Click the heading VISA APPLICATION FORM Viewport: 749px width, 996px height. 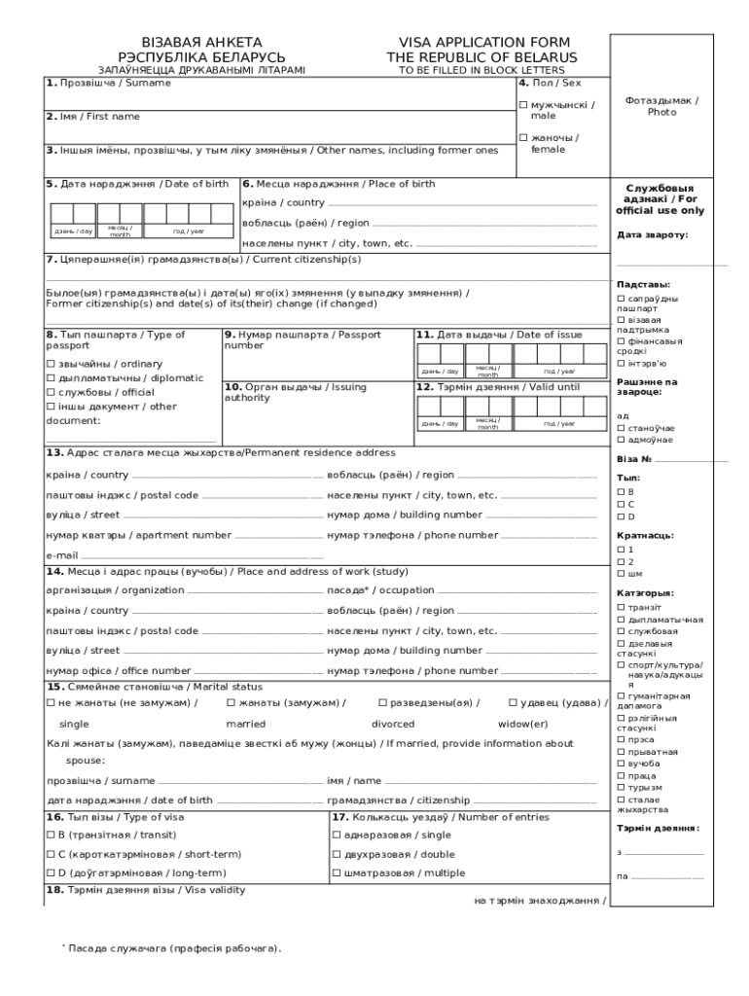pyautogui.click(x=482, y=43)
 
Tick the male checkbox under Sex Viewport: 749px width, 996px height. pyautogui.click(x=523, y=105)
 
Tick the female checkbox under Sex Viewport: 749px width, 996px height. pyautogui.click(x=523, y=138)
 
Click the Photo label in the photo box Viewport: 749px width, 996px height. pyautogui.click(x=661, y=112)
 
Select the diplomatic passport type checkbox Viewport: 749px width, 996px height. pyautogui.click(x=51, y=378)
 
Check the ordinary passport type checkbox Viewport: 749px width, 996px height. pyautogui.click(x=51, y=364)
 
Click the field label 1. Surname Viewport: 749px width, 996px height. pyautogui.click(x=108, y=83)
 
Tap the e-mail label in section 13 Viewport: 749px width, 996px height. pyautogui.click(x=61, y=555)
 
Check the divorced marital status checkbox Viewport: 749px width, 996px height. pyautogui.click(x=382, y=702)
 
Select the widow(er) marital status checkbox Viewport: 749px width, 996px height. pyautogui.click(x=513, y=702)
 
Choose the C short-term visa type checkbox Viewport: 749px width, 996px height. pyautogui.click(x=51, y=854)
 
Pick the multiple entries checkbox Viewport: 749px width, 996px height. pyautogui.click(x=337, y=873)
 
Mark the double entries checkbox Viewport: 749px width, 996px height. pyautogui.click(x=337, y=854)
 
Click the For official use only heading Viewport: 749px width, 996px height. pyautogui.click(x=660, y=199)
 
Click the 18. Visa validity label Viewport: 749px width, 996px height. pyautogui.click(x=145, y=890)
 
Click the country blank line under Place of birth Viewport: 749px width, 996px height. pyautogui.click(x=462, y=205)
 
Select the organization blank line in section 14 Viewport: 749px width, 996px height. pyautogui.click(x=254, y=592)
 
